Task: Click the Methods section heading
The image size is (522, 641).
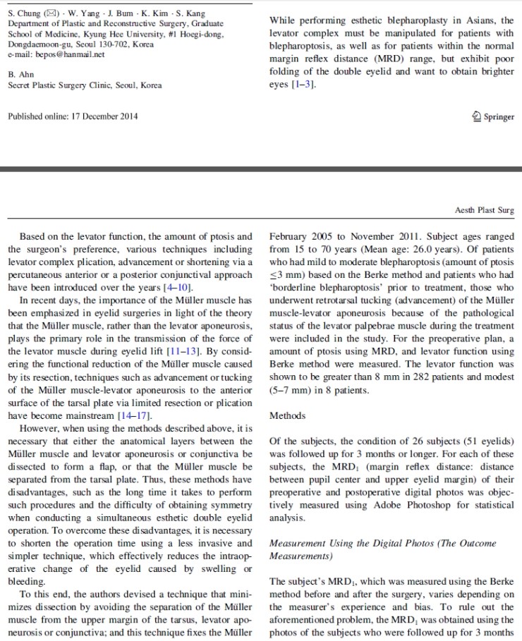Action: (x=288, y=415)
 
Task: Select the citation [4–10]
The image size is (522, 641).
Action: (x=174, y=286)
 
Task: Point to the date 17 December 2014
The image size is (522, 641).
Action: (x=104, y=116)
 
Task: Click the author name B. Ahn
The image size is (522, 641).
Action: (x=22, y=73)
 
